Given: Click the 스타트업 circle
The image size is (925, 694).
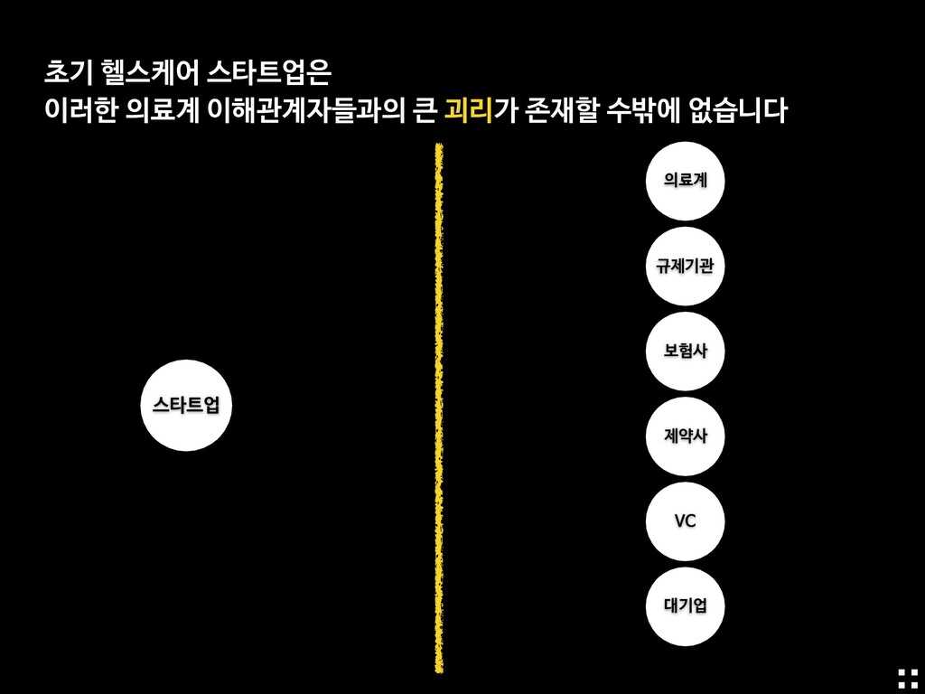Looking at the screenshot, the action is point(185,405).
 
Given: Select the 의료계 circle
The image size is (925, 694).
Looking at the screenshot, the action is point(685,181).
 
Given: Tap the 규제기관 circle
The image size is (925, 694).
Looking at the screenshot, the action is point(685,266).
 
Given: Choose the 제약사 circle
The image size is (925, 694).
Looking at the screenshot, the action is point(685,436).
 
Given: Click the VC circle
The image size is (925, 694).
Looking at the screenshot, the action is point(685,520).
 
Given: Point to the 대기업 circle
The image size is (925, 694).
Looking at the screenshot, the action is point(685,605).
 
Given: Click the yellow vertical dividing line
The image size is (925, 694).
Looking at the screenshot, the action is point(439,407).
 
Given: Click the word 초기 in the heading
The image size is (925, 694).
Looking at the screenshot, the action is point(66,70).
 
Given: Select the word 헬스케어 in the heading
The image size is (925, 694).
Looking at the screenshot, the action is point(146,70).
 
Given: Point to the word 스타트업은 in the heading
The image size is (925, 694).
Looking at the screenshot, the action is point(269,70).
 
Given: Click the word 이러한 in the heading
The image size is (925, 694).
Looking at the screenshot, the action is point(81,111).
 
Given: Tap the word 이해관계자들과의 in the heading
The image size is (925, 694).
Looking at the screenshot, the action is point(303,111).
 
